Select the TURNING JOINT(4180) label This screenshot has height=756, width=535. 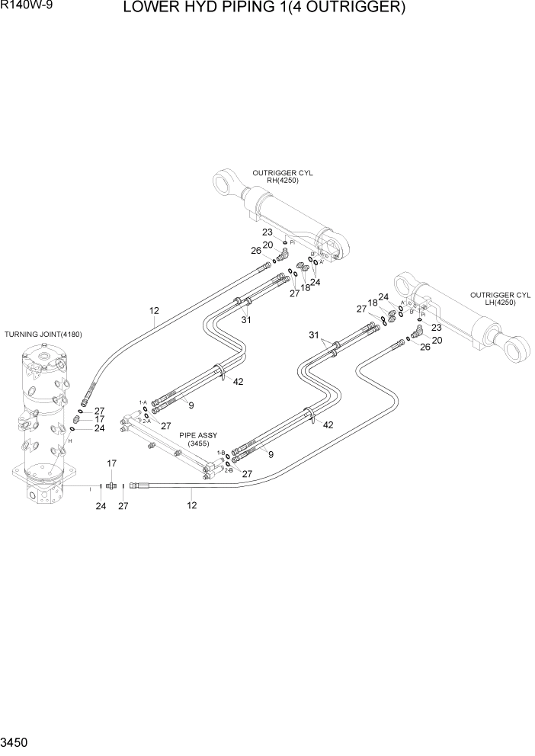point(43,335)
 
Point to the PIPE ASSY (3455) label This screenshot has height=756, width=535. point(198,438)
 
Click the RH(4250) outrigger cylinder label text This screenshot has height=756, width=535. point(282,181)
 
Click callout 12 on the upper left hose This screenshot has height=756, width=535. point(154,310)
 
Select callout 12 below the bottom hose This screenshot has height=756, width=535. point(192,505)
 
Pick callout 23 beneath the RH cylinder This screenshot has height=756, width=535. point(267,232)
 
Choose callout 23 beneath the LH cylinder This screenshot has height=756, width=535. point(437,327)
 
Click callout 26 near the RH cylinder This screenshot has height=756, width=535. point(256,250)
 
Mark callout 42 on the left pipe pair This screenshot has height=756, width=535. point(239,382)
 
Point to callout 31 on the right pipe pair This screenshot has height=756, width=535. point(313,335)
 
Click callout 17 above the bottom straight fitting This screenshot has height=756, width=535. point(111,463)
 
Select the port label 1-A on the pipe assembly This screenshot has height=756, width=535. point(143,402)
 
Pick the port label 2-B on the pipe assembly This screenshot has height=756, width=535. point(228,470)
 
